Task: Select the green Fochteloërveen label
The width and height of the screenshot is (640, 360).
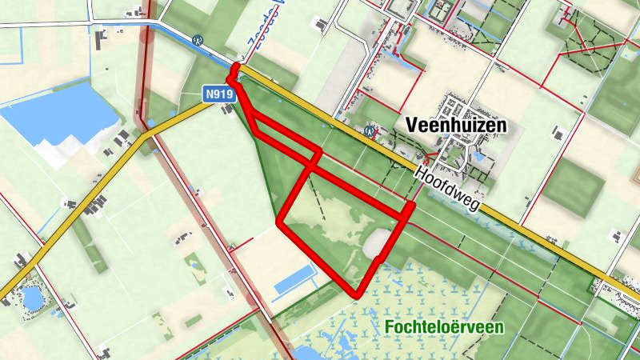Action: click(442, 326)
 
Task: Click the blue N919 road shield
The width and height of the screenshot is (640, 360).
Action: click(218, 94)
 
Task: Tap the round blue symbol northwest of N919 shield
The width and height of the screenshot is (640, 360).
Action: click(197, 38)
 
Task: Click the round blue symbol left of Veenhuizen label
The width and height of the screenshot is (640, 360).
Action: click(370, 127)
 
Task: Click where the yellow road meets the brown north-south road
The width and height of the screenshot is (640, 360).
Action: click(146, 136)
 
